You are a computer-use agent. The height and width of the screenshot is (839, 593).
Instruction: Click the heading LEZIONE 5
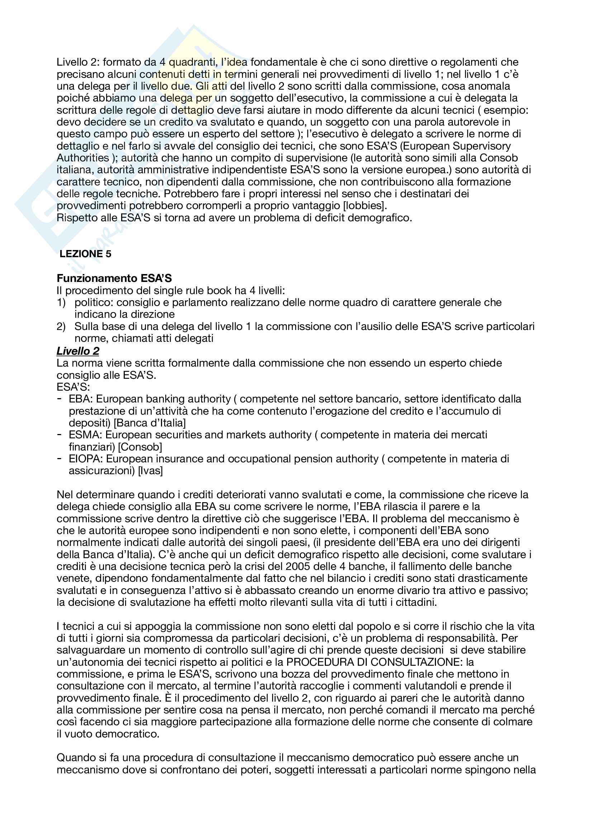pos(85,254)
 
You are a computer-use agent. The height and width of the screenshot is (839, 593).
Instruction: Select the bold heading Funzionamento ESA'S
pos(114,278)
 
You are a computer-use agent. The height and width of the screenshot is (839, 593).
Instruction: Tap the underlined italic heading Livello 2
pos(78,351)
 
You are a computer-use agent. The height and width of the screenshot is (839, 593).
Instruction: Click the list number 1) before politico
pos(61,303)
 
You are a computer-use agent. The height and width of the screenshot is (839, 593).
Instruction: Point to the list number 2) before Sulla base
pos(61,327)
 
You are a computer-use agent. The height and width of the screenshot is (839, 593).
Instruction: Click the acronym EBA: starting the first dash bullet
pos(81,399)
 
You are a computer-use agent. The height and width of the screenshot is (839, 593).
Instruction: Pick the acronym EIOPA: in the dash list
pos(86,459)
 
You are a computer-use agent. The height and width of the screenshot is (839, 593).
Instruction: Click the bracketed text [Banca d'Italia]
pos(150,423)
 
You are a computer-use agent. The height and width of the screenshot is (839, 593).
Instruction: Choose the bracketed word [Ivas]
pos(151,471)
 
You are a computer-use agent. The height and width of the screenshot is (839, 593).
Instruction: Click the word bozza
pos(274,674)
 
